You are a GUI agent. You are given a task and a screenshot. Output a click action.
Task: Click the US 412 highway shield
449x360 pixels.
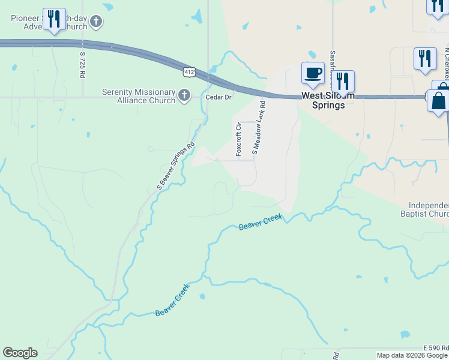click(x=190, y=71)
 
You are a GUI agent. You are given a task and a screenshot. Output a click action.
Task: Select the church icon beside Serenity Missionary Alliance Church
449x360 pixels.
click(x=184, y=95)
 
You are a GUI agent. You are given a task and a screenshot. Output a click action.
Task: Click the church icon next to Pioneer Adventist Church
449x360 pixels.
click(x=96, y=22)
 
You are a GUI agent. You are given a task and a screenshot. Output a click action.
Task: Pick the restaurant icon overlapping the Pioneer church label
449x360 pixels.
click(x=55, y=19)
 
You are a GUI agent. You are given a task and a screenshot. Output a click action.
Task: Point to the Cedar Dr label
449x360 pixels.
click(x=218, y=97)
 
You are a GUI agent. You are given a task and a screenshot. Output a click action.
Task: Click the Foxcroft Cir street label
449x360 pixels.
click(x=238, y=139)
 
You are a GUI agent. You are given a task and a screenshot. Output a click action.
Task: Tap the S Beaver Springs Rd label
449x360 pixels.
click(x=176, y=166)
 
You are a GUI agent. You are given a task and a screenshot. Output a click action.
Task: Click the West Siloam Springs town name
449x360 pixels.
click(x=323, y=100)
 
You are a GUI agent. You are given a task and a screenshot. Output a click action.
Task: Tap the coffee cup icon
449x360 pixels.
click(x=312, y=74)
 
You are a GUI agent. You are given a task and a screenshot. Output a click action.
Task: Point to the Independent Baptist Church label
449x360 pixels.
click(x=424, y=209)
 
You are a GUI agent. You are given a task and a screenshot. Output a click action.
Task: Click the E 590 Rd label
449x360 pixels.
click(x=435, y=348)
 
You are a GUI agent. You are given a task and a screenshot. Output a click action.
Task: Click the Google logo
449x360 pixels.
click(x=20, y=353)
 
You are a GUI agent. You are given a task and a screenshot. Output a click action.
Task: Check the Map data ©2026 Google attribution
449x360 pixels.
click(x=412, y=355)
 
